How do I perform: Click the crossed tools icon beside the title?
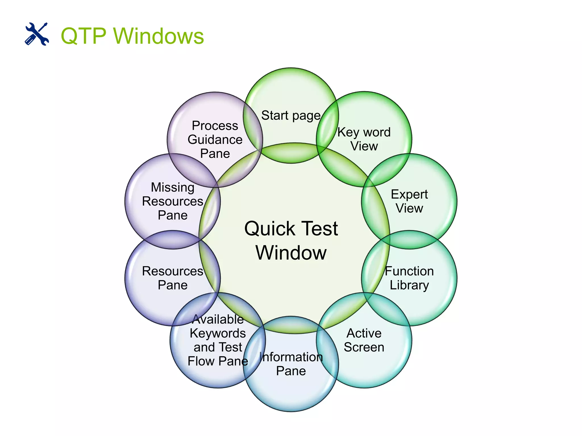tap(37, 34)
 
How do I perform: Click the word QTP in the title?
tap(84, 36)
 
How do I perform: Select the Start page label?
tap(291, 116)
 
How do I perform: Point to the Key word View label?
tap(364, 139)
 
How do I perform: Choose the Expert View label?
tap(409, 201)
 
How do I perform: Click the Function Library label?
tap(409, 278)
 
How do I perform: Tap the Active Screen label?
tap(364, 340)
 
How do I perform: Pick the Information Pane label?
tap(291, 364)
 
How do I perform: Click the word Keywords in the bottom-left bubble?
tap(218, 333)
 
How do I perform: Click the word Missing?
tap(172, 187)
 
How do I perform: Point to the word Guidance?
tap(215, 140)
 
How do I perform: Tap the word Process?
tap(215, 126)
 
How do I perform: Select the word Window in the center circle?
tap(291, 253)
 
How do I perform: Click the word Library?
tap(409, 285)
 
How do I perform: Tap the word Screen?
tap(364, 347)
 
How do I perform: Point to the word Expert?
tap(409, 194)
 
